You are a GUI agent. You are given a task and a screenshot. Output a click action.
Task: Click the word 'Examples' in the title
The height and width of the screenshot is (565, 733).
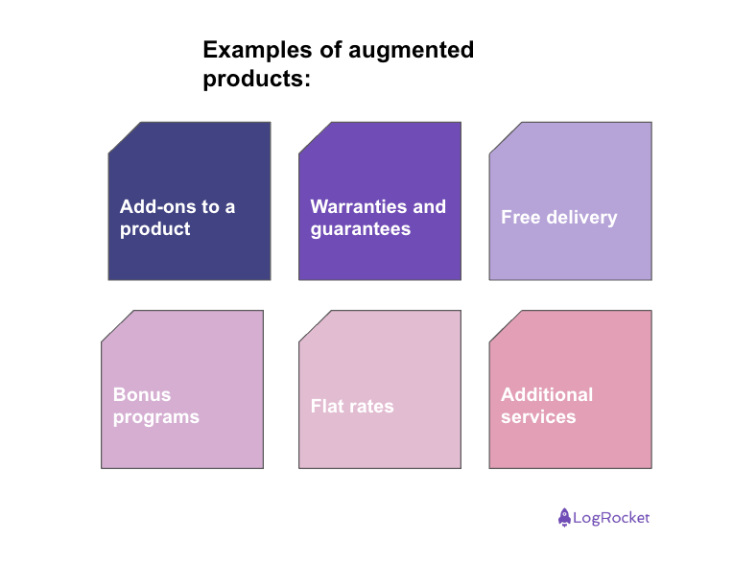tap(249, 50)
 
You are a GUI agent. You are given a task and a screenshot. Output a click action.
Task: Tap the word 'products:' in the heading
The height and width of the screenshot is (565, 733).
tap(257, 79)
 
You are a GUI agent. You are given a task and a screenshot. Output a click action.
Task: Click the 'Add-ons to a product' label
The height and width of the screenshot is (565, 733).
tap(177, 218)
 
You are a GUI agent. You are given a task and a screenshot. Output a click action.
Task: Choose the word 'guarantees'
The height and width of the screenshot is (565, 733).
tap(360, 229)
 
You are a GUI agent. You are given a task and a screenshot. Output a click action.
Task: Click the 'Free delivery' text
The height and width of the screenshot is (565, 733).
tap(558, 217)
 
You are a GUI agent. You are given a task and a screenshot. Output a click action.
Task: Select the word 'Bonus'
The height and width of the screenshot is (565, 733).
tap(142, 394)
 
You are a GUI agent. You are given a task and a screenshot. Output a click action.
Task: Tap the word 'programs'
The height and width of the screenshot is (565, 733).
tap(155, 417)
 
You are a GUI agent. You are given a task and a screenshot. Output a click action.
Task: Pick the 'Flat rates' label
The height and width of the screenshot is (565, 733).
tap(352, 406)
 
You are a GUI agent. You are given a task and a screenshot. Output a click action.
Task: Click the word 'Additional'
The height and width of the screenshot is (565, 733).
tap(547, 394)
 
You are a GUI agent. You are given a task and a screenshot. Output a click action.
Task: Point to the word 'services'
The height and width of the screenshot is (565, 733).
tap(538, 417)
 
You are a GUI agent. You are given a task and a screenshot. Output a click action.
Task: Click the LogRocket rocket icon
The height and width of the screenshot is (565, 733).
tap(564, 517)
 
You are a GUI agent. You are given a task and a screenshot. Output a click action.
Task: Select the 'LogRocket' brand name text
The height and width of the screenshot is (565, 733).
tap(611, 518)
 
